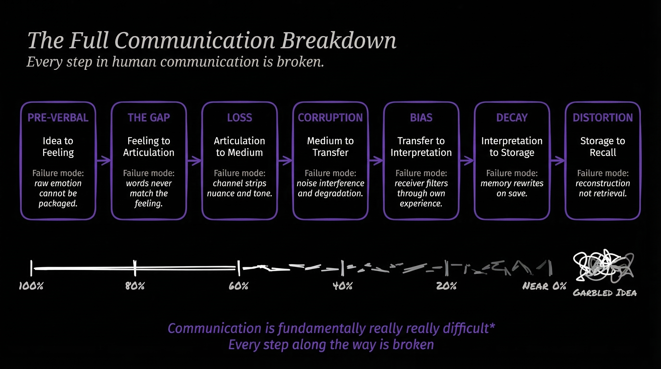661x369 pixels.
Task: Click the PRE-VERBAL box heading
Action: (x=58, y=117)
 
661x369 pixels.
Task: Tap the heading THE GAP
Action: (x=149, y=117)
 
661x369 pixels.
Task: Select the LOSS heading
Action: (x=240, y=117)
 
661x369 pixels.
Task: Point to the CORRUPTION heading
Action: (x=330, y=117)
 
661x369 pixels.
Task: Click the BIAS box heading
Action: (x=421, y=117)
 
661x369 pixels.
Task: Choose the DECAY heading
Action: (x=512, y=117)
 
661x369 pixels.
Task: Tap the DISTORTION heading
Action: (x=603, y=117)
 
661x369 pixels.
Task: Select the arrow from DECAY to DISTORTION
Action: (x=557, y=161)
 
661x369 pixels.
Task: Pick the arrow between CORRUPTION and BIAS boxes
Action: (x=376, y=161)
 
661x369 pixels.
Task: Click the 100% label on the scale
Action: (x=31, y=286)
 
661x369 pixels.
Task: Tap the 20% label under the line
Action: (x=447, y=286)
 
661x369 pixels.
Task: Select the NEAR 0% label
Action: (x=544, y=286)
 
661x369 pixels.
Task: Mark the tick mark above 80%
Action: (x=135, y=268)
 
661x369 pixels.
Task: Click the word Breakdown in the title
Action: (x=338, y=40)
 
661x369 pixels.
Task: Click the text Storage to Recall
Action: (x=603, y=147)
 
